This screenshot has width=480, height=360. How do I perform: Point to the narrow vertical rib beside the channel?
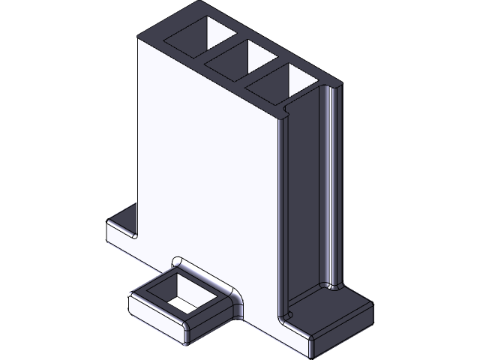(x=331, y=187)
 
